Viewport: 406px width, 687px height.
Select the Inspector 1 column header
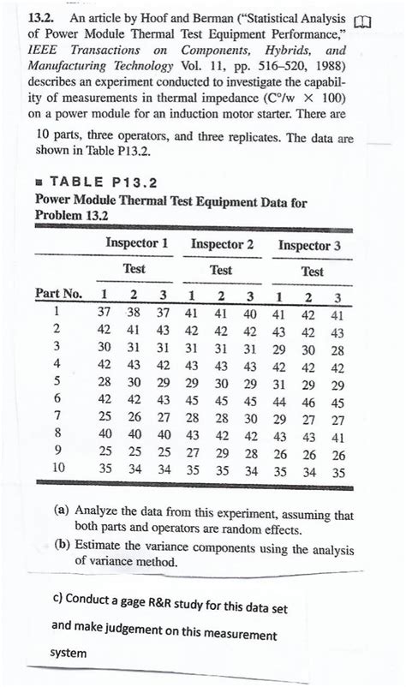click(135, 244)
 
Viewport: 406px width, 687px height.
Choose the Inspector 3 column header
click(309, 245)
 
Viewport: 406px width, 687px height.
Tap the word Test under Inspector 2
click(221, 269)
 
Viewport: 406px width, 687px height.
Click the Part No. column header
click(58, 294)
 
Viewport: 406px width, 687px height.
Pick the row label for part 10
click(56, 469)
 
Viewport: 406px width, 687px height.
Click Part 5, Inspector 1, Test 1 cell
click(104, 381)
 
